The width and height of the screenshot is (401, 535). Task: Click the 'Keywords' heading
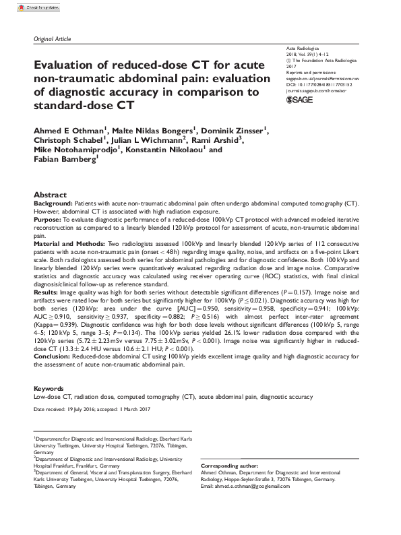point(48,389)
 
